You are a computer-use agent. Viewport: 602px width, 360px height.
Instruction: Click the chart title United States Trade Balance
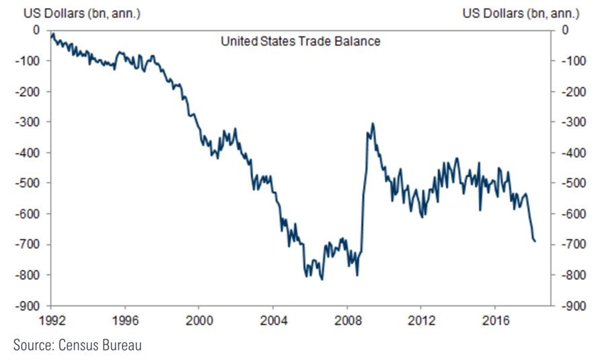(x=301, y=42)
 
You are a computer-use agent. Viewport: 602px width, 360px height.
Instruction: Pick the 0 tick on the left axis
(x=36, y=30)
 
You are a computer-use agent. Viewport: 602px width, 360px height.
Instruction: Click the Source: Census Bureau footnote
(x=77, y=345)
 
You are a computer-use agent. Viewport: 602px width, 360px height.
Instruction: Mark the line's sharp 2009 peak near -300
(x=373, y=124)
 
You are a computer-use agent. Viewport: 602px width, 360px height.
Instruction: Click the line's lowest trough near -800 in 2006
(x=322, y=279)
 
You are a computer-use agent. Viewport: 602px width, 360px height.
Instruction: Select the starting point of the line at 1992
(x=51, y=33)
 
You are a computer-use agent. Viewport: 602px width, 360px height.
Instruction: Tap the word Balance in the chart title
(x=360, y=42)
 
